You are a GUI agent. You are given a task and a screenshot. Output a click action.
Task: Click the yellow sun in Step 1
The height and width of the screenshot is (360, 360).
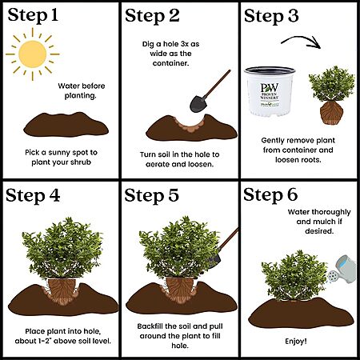tap(33, 54)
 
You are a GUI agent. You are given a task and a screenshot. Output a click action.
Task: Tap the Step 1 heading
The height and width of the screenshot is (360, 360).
tap(33, 15)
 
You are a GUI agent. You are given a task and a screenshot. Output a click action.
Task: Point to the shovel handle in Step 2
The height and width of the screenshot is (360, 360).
tap(218, 83)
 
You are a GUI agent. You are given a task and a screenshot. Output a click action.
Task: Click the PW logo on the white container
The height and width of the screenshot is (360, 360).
tap(270, 88)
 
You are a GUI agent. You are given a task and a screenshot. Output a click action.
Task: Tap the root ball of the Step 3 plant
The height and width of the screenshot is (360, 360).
tap(331, 113)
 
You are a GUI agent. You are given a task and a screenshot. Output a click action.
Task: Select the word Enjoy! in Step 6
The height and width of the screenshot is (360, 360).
tap(296, 342)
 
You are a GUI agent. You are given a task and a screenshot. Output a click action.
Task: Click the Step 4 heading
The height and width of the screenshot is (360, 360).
tap(33, 196)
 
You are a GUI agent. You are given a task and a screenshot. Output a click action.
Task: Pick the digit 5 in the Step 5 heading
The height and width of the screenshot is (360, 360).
tap(173, 195)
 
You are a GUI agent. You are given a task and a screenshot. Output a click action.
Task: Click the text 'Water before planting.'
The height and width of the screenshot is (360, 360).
tap(81, 90)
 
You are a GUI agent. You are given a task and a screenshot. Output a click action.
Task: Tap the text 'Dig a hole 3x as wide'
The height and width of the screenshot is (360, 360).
tap(170, 49)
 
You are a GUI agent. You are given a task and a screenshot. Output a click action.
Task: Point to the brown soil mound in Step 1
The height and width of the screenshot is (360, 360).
tap(66, 125)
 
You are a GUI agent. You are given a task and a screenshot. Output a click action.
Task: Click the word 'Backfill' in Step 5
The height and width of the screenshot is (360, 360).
tap(150, 326)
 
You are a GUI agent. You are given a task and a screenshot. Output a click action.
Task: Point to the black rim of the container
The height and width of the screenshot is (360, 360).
tap(270, 70)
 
